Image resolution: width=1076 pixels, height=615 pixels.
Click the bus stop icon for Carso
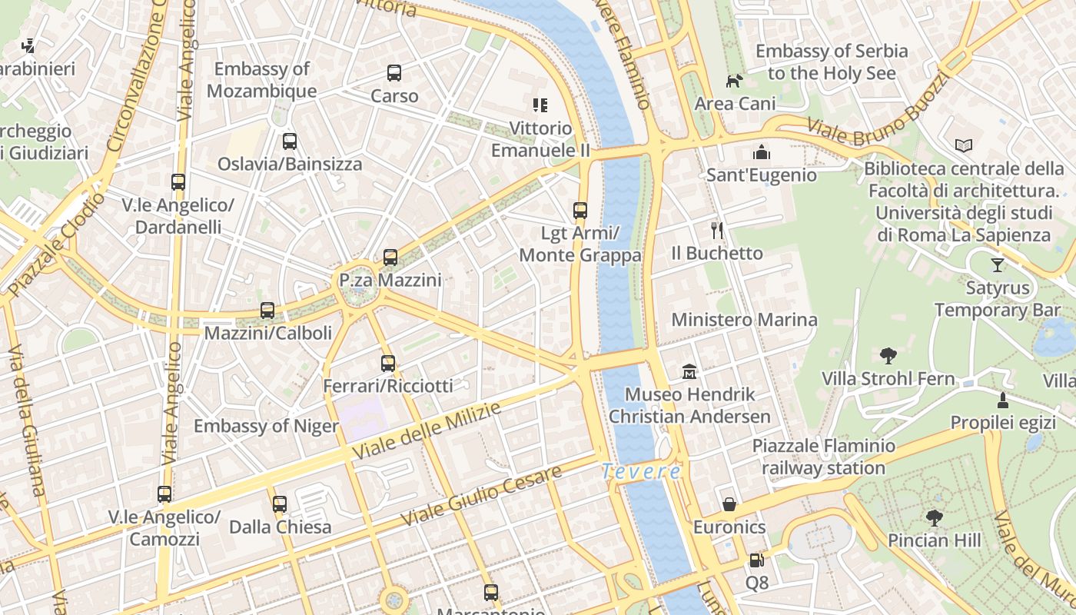(394, 73)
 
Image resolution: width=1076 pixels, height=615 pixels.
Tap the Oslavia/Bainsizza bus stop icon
(290, 141)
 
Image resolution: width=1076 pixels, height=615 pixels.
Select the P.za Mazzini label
(390, 281)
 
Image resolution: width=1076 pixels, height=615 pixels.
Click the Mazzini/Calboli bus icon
(267, 311)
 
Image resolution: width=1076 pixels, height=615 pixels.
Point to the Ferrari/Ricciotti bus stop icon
(388, 364)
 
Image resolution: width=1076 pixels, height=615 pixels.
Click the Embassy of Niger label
(266, 427)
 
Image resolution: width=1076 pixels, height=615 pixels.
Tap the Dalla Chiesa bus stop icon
(280, 504)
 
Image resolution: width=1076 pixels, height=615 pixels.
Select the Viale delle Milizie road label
(427, 430)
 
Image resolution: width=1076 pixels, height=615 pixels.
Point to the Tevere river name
(641, 471)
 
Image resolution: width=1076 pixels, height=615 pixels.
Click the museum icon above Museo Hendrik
(689, 372)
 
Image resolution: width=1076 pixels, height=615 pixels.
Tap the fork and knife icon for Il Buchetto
(717, 230)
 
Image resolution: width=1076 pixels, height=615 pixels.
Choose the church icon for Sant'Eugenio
(762, 152)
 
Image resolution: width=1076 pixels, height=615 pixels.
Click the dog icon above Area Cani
(735, 81)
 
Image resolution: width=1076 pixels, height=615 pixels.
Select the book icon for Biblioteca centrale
(963, 145)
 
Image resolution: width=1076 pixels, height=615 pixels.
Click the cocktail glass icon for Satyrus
(998, 265)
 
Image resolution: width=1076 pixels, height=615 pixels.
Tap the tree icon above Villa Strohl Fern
(888, 356)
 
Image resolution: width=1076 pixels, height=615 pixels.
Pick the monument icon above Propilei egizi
(1003, 401)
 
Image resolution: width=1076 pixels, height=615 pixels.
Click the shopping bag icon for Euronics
(729, 504)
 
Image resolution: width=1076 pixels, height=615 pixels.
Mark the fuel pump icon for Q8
(756, 560)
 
